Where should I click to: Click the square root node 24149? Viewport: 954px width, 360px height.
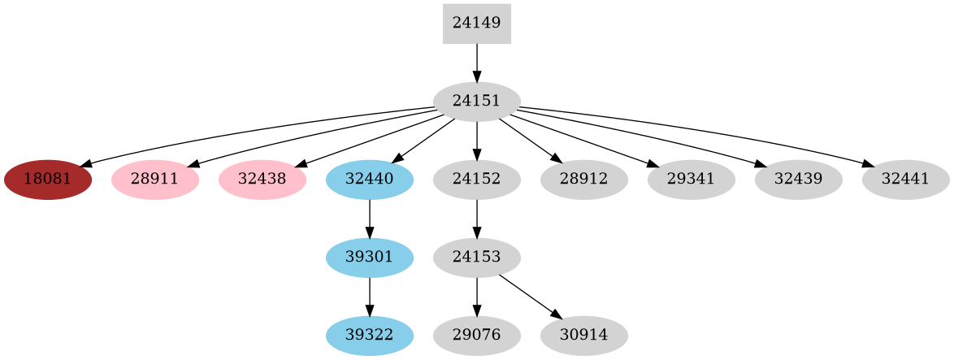(x=476, y=24)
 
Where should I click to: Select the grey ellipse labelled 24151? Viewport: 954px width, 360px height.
(x=476, y=102)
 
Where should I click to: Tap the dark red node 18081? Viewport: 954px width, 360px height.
(x=48, y=179)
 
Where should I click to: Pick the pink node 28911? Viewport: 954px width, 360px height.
(x=154, y=179)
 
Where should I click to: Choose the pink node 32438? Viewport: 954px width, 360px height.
(x=262, y=179)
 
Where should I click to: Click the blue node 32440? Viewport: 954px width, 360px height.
(x=369, y=179)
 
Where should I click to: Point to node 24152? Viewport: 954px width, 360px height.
(x=476, y=179)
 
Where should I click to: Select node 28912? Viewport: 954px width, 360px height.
(x=583, y=179)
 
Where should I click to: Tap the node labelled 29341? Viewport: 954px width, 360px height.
(x=691, y=179)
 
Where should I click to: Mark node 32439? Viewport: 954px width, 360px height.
(x=798, y=179)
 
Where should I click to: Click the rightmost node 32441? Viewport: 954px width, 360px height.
(x=905, y=179)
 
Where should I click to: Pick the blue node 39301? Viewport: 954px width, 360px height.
(x=369, y=257)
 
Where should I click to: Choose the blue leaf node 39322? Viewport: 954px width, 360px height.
(x=369, y=335)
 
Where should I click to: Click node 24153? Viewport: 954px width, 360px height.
(x=476, y=257)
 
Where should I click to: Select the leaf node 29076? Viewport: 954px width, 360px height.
(x=476, y=335)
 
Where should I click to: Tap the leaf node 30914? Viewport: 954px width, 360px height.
(x=583, y=335)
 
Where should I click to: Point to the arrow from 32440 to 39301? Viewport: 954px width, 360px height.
(x=369, y=218)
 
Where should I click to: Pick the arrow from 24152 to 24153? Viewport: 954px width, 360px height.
(x=476, y=218)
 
